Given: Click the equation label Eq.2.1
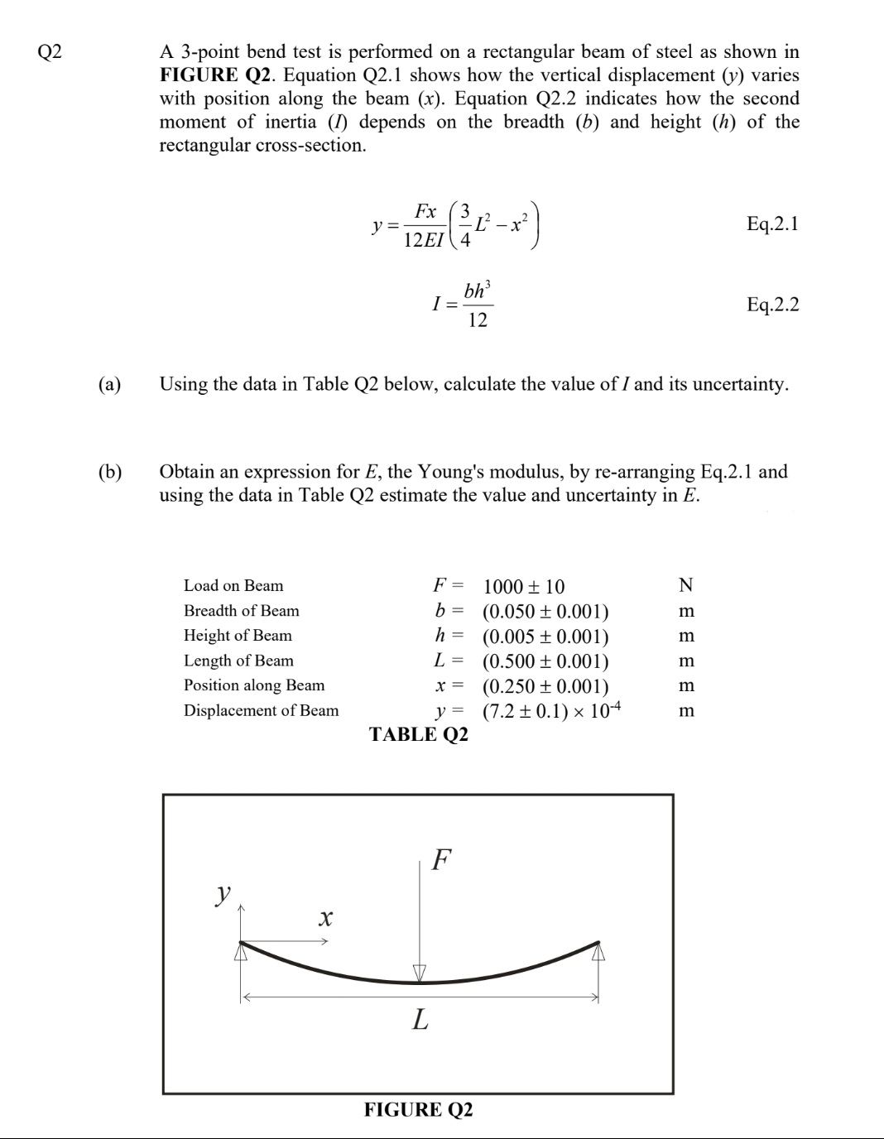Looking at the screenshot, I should coord(772,223).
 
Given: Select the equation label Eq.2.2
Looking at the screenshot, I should coord(772,305).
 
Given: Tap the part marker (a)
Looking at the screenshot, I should coord(109,384).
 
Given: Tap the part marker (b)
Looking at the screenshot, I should coord(109,472).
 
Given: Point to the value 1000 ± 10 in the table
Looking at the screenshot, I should coord(523,587).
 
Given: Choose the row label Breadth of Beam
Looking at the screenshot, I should coord(241,611).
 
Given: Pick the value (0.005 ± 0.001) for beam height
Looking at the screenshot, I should coord(545,637).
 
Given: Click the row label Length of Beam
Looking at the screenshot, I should coord(238,661).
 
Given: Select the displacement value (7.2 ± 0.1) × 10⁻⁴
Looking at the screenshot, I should coord(551,711).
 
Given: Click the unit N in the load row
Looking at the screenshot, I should coord(685,586).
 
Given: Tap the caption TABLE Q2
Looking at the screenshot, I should coord(418,734).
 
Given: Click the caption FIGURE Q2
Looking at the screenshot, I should coord(418,1109).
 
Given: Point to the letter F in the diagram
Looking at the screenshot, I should coord(442,859).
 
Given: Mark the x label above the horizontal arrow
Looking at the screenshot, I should coord(325,917).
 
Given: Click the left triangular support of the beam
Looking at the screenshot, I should coord(241,953).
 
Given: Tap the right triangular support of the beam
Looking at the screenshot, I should coord(598,953).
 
